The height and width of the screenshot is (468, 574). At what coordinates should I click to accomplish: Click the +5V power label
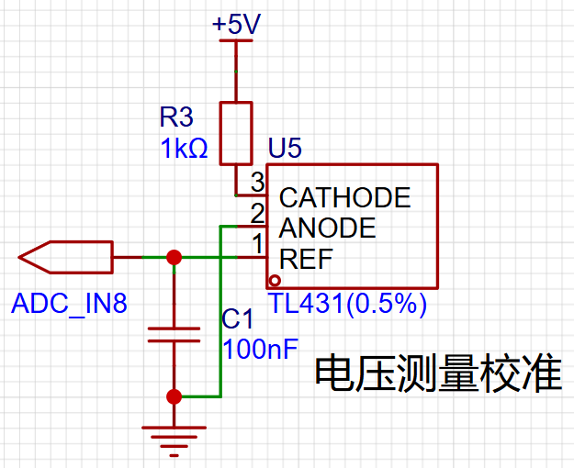pyautogui.click(x=236, y=24)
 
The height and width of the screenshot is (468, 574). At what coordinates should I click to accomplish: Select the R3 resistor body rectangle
pyautogui.click(x=236, y=133)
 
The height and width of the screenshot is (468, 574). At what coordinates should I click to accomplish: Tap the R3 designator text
pyautogui.click(x=176, y=117)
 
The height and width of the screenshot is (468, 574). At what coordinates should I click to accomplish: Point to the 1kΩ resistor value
pyautogui.click(x=184, y=148)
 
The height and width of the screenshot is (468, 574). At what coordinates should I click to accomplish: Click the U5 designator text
pyautogui.click(x=285, y=148)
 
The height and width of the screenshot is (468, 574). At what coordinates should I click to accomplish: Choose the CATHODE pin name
pyautogui.click(x=344, y=197)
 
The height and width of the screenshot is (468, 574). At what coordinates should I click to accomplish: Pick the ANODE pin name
pyautogui.click(x=327, y=228)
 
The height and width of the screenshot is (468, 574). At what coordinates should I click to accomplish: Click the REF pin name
pyautogui.click(x=306, y=259)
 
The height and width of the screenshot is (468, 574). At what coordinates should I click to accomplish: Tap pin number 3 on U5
pyautogui.click(x=258, y=182)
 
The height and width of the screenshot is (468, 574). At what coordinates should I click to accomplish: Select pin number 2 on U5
pyautogui.click(x=258, y=213)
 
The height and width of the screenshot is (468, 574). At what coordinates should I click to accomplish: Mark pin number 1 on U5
pyautogui.click(x=258, y=244)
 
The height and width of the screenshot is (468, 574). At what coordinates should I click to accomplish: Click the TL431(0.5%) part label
pyautogui.click(x=347, y=304)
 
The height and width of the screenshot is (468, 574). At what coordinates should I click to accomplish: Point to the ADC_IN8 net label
pyautogui.click(x=69, y=304)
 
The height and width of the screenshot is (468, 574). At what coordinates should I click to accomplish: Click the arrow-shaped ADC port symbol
pyautogui.click(x=66, y=257)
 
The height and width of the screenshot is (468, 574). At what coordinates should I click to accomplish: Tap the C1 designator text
pyautogui.click(x=237, y=318)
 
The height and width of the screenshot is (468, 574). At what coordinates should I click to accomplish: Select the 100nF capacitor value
pyautogui.click(x=260, y=349)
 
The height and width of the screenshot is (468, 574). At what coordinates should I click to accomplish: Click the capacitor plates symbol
pyautogui.click(x=174, y=335)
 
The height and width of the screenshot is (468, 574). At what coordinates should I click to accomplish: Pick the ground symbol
pyautogui.click(x=174, y=440)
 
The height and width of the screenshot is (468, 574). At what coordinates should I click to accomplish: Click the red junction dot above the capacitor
pyautogui.click(x=174, y=257)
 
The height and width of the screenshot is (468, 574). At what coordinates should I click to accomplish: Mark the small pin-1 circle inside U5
pyautogui.click(x=275, y=281)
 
